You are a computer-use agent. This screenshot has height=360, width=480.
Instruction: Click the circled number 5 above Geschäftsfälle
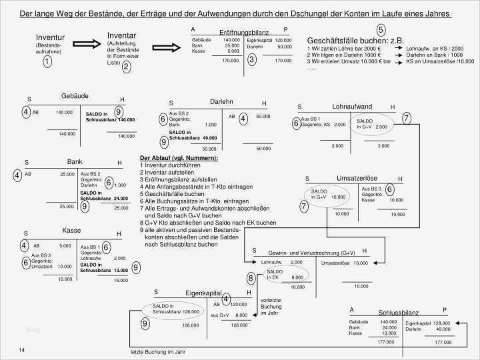(381, 29)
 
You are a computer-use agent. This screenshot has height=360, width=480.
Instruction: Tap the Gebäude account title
(75, 96)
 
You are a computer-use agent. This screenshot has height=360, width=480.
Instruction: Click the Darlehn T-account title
(221, 102)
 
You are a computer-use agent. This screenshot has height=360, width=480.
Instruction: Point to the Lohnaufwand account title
(352, 107)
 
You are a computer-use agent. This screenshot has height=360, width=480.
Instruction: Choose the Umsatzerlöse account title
(357, 179)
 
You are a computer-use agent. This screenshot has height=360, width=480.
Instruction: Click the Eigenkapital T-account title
(203, 293)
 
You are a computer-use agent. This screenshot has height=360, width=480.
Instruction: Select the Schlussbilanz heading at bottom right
(399, 313)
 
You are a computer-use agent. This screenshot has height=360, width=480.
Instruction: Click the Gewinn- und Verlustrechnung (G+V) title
(312, 253)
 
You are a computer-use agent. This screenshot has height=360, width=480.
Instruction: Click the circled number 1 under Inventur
(47, 62)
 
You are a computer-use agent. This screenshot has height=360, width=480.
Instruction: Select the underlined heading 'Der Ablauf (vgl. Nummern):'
(179, 158)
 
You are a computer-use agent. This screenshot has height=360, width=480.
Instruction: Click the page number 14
(21, 350)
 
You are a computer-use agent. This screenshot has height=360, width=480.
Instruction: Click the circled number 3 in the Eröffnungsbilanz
(251, 59)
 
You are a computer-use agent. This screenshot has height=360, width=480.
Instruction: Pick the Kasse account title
(72, 231)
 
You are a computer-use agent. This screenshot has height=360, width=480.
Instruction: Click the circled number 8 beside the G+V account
(251, 277)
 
